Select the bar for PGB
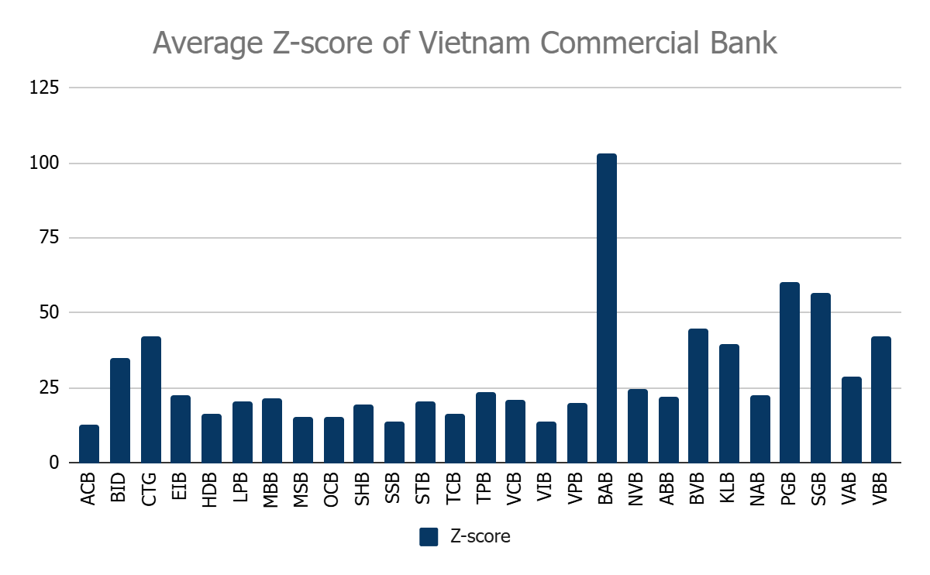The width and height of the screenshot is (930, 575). [790, 373]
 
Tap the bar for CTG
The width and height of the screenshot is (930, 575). [151, 400]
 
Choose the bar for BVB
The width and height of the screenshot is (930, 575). [698, 396]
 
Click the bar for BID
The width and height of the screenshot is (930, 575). [120, 411]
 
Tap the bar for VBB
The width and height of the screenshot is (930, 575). [881, 400]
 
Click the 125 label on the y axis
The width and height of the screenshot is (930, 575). [44, 88]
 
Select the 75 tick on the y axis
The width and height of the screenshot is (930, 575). [50, 238]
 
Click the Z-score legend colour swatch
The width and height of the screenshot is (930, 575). [429, 536]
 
